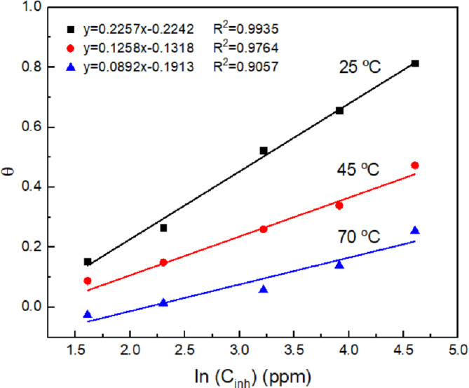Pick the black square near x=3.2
(264, 151)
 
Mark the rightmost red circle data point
(415, 166)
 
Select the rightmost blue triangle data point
(415, 231)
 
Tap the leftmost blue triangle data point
(88, 314)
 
